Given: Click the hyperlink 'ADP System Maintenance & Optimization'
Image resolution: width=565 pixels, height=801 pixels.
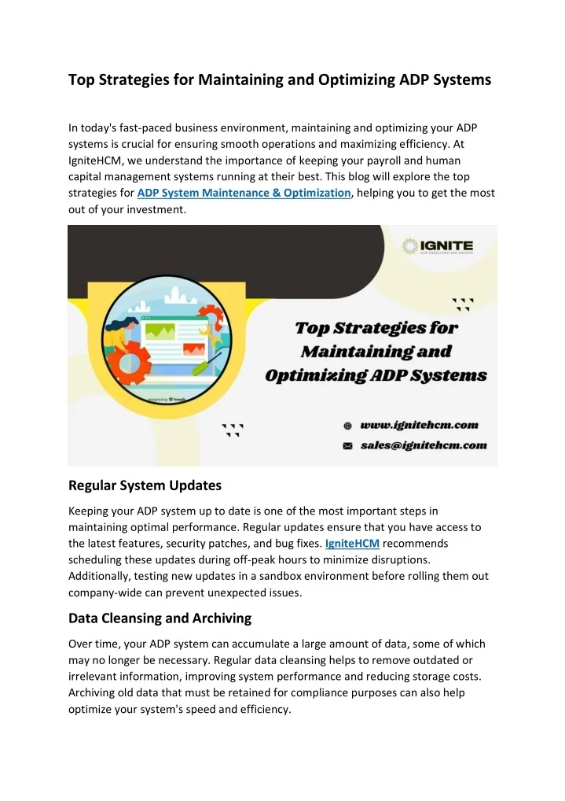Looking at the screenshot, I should [244, 193].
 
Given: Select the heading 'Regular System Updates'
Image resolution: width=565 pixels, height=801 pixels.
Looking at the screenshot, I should [145, 485].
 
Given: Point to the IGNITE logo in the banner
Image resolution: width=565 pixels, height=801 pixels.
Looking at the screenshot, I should [438, 246].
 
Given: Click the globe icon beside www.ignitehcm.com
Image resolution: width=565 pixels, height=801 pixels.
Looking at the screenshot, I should [347, 425].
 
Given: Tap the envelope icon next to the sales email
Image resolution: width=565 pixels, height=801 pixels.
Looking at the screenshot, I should [347, 445].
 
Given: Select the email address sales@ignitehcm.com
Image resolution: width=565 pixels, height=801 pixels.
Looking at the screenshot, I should [424, 445].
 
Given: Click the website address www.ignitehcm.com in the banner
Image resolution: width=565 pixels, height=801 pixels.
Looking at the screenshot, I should [419, 425].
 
